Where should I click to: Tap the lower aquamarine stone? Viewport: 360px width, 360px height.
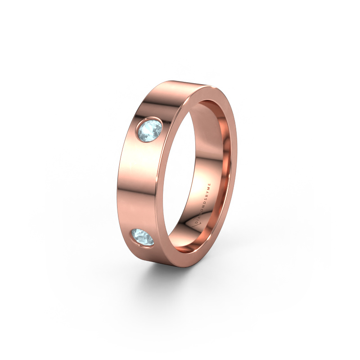click(x=142, y=237)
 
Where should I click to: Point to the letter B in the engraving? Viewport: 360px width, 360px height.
click(x=207, y=196)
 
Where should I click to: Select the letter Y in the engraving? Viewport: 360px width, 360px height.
click(x=208, y=193)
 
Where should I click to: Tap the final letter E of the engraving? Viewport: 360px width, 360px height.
click(x=210, y=184)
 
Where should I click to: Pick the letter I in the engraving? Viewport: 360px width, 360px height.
click(x=198, y=221)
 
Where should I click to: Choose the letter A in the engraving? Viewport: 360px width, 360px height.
click(x=199, y=218)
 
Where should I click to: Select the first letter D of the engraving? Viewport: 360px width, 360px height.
click(x=196, y=223)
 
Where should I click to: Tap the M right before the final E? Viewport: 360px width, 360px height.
click(x=209, y=189)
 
